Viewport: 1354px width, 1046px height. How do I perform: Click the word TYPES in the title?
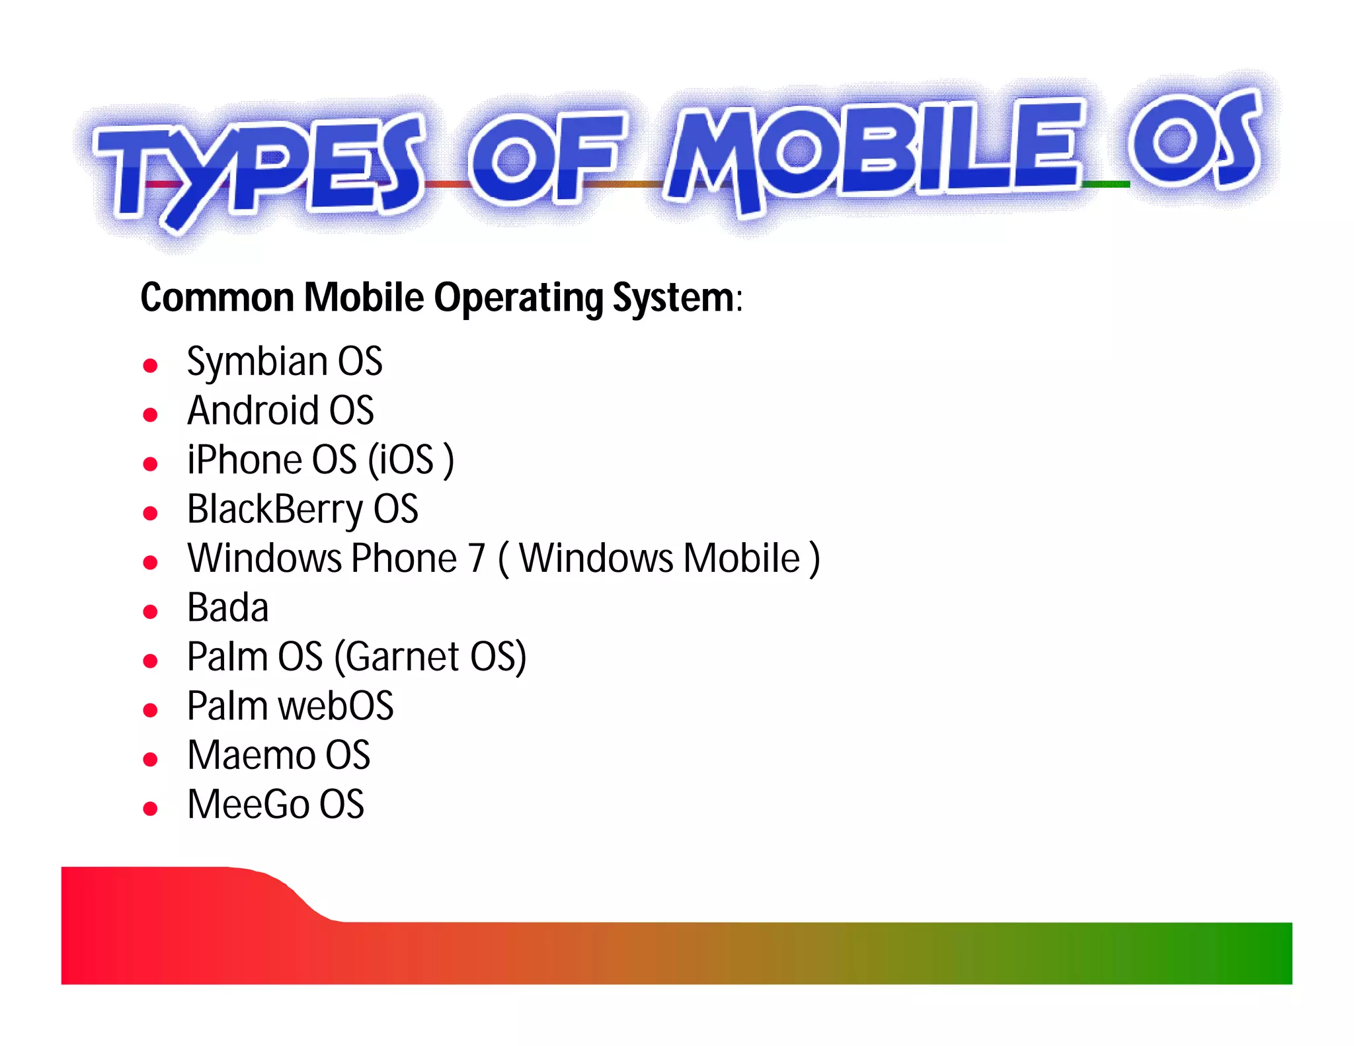pyautogui.click(x=258, y=169)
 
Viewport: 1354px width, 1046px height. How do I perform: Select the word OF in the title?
pyautogui.click(x=545, y=159)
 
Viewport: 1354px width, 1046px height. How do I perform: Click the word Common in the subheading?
pyautogui.click(x=217, y=298)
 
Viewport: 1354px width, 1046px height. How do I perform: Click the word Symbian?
pyautogui.click(x=257, y=362)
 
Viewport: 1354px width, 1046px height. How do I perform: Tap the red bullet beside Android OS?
pyautogui.click(x=151, y=415)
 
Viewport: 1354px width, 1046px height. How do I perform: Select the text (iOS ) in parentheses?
pyautogui.click(x=411, y=460)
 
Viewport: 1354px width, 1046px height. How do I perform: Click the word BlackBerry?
pyautogui.click(x=275, y=510)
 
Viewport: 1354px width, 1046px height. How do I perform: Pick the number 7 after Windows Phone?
pyautogui.click(x=477, y=559)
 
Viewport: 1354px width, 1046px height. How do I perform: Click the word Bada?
pyautogui.click(x=228, y=608)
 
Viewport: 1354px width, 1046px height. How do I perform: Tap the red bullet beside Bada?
pyautogui.click(x=151, y=612)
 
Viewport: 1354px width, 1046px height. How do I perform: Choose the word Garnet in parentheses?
pyautogui.click(x=402, y=657)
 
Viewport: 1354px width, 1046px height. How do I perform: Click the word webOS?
pyautogui.click(x=336, y=706)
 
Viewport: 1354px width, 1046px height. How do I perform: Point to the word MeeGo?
pyautogui.click(x=249, y=805)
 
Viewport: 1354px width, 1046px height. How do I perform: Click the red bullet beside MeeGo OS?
pyautogui.click(x=151, y=809)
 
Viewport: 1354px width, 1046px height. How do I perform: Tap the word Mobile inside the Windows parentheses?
pyautogui.click(x=742, y=559)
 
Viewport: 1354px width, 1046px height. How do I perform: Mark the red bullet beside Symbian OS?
pyautogui.click(x=151, y=366)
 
